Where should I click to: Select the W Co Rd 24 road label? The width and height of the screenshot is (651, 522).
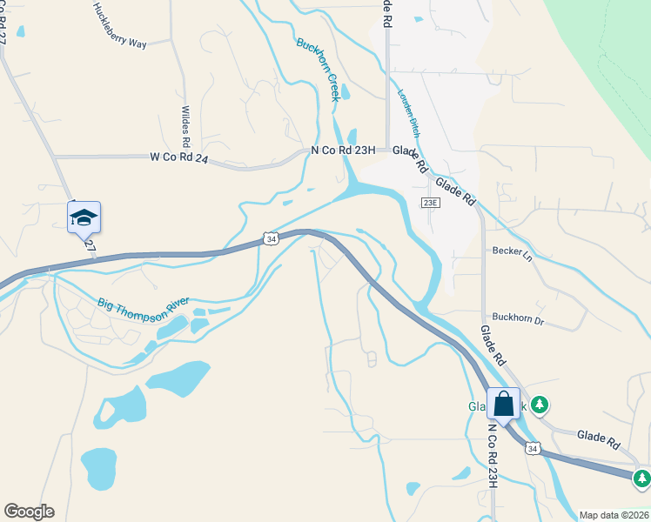point(179,157)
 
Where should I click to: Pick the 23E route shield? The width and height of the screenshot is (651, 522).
point(429,203)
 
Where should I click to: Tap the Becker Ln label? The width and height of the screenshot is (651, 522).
point(511,251)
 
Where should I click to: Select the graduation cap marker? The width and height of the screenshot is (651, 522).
point(84,217)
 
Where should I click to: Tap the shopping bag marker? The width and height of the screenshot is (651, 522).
point(503,405)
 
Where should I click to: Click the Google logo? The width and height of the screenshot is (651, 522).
point(29,512)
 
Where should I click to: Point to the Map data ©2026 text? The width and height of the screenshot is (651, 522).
point(614,515)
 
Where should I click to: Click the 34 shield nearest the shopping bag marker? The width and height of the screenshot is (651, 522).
point(534,448)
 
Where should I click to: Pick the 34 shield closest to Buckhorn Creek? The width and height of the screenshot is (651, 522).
point(272,238)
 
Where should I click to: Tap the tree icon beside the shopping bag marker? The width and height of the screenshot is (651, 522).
point(540,405)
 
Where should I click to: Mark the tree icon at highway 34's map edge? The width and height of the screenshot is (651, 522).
point(642,478)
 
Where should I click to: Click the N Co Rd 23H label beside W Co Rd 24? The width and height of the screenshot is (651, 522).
point(343,151)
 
